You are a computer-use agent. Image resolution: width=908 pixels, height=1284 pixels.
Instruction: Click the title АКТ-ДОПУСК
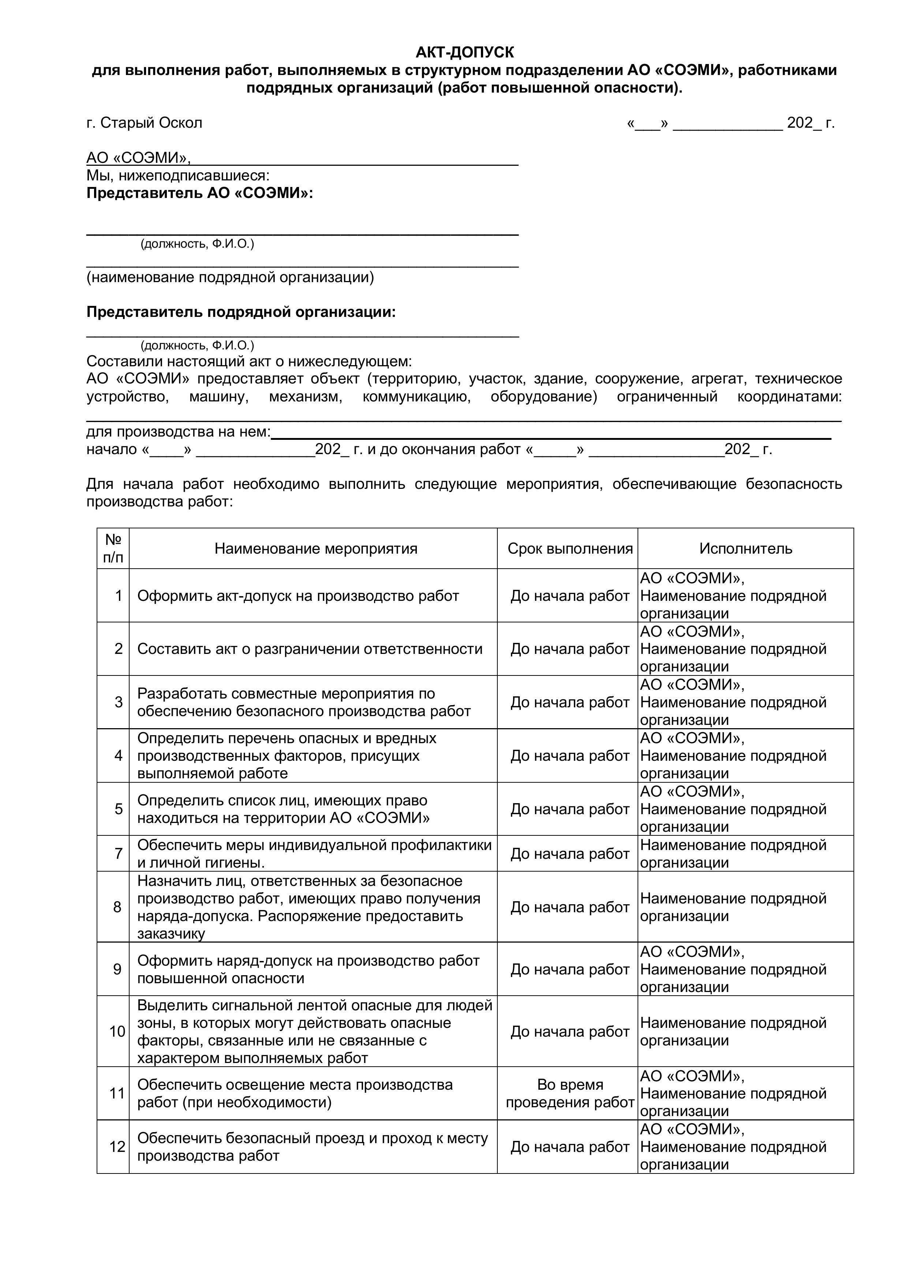pyautogui.click(x=464, y=53)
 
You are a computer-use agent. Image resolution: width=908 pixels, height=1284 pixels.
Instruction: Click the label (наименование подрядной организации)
pyautogui.click(x=230, y=277)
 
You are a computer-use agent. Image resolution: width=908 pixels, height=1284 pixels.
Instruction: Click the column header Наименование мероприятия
pyautogui.click(x=316, y=549)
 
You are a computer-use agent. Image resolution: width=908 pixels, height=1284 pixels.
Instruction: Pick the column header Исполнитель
pyautogui.click(x=746, y=549)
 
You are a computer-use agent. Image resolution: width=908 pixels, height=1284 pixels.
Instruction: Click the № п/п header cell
pyautogui.click(x=113, y=549)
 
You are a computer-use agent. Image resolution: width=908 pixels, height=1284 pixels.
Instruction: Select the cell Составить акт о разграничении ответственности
pyautogui.click(x=309, y=649)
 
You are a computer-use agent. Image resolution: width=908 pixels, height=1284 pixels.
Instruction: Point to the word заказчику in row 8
pyautogui.click(x=171, y=934)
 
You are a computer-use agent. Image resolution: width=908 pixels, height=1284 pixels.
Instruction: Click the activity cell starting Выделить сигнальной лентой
pyautogui.click(x=314, y=1032)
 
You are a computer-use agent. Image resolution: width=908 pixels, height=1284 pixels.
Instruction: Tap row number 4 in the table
pyautogui.click(x=119, y=756)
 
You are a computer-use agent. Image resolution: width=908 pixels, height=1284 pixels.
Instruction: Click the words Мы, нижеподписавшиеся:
pyautogui.click(x=178, y=176)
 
